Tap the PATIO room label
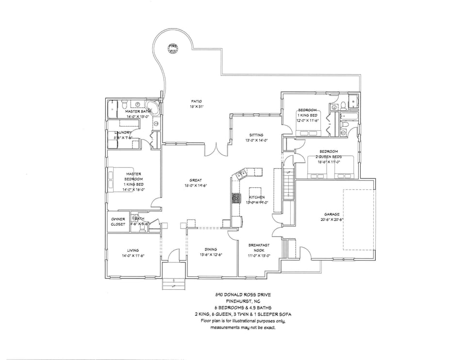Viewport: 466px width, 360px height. coord(196,101)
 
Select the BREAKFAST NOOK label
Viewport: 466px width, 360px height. coord(259,247)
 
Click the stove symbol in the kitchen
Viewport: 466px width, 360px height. coord(236,197)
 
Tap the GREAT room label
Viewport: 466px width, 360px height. coord(196,180)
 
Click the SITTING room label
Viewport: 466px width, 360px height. coord(256,135)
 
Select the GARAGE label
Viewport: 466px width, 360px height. coord(332,214)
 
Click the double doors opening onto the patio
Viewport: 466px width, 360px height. coord(216,148)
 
